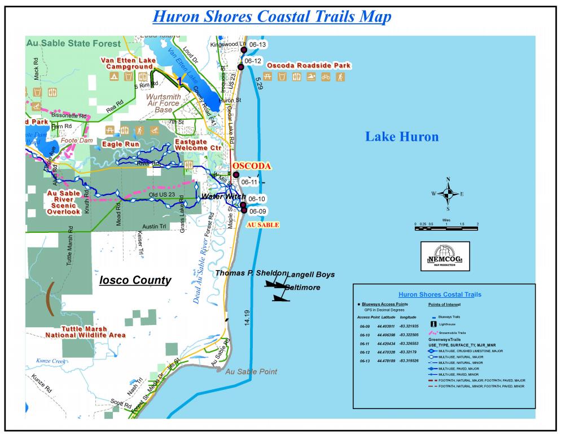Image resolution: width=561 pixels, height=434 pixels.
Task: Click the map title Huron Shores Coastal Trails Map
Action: (272, 16)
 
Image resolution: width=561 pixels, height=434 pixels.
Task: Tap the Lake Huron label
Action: (402, 136)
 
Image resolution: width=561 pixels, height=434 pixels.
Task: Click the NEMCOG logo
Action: (445, 256)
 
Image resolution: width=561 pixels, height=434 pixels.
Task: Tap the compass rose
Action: (448, 193)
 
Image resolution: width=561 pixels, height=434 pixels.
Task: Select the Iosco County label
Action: (135, 280)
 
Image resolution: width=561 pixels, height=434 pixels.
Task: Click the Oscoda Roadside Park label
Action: (308, 66)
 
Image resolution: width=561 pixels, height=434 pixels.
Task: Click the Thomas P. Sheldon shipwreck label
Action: (251, 273)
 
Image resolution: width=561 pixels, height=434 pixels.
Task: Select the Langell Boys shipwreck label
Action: (310, 275)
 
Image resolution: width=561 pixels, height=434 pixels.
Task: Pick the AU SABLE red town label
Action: (263, 224)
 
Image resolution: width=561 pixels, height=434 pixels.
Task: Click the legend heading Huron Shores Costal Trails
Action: (440, 294)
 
